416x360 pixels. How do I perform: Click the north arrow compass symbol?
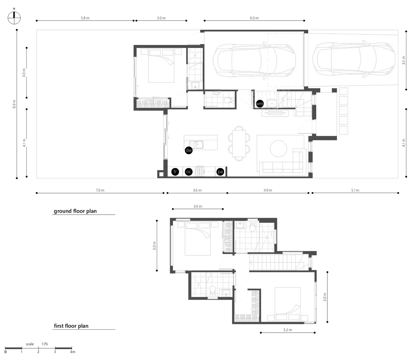[x=14, y=18]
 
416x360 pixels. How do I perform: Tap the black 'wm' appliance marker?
[x=260, y=104]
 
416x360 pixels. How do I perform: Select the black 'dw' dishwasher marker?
[x=189, y=150]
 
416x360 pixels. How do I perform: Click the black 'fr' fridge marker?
[x=175, y=172]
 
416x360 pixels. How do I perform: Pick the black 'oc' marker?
[x=189, y=172]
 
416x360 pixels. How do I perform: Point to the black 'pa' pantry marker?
[x=220, y=172]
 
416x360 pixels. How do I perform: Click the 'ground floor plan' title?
[x=75, y=211]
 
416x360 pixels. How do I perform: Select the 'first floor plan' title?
[x=71, y=326]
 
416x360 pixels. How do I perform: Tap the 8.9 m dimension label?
[x=14, y=104]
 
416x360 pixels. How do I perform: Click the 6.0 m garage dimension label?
[x=254, y=18]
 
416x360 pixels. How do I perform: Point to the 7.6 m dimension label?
[x=100, y=190]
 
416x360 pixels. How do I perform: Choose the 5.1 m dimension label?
[x=355, y=190]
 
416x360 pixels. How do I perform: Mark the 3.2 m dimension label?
[x=288, y=330]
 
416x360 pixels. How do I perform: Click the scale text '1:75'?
[x=45, y=344]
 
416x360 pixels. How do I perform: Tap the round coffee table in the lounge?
[x=278, y=148]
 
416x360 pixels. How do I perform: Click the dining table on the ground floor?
[x=239, y=143]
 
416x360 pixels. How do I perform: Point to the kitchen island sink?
[x=199, y=144]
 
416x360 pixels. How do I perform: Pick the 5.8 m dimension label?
[x=85, y=18]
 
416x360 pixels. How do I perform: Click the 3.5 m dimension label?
[x=404, y=60]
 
